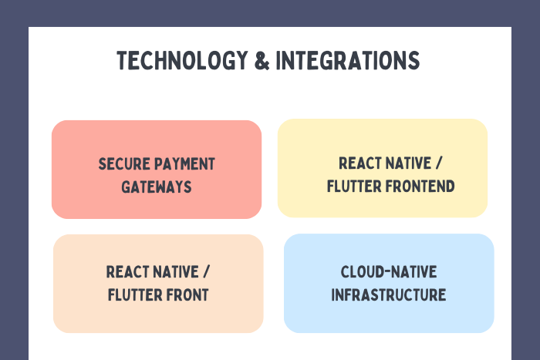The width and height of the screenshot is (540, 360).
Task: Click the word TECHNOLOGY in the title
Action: [x=182, y=61]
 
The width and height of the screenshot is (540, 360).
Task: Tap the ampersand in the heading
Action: [x=262, y=61]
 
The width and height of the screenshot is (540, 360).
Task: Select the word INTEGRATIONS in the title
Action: [x=347, y=61]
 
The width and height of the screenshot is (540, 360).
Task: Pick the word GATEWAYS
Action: [x=157, y=187]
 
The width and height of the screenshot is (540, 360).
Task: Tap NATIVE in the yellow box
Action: [x=408, y=163]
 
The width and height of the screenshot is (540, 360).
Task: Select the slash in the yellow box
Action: [x=438, y=163]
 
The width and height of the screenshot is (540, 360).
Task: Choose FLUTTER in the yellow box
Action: [x=354, y=187]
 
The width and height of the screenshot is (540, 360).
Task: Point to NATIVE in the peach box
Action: [x=176, y=272]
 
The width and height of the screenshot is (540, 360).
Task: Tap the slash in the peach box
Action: [x=206, y=272]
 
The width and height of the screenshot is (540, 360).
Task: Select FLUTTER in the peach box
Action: [x=135, y=295]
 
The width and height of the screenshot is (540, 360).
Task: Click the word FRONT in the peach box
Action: [x=187, y=295]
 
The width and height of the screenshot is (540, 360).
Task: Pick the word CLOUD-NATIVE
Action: [x=389, y=272]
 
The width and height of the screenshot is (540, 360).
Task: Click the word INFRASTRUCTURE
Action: [x=389, y=295]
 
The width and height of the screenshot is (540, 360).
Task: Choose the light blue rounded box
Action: [x=389, y=283]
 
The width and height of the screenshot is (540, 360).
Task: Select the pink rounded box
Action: [x=157, y=170]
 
